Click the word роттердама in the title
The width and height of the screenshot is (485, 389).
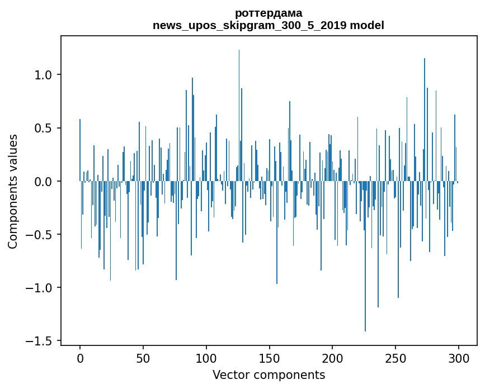coord(269,13)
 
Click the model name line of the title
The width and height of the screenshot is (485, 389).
coord(269,25)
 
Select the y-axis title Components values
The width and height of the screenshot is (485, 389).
coord(13,191)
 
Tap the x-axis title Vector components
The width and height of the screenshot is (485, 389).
coord(269,375)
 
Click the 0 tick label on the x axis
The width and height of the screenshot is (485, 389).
coord(80,358)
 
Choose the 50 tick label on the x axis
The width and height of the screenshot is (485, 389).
coord(143,358)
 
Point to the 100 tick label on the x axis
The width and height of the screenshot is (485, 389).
coord(206,358)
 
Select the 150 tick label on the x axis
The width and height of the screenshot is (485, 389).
coord(269,358)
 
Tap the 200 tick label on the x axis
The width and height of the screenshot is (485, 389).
coord(332,358)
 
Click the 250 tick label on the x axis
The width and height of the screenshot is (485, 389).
coord(395,358)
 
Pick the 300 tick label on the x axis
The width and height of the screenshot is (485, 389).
coord(459,358)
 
